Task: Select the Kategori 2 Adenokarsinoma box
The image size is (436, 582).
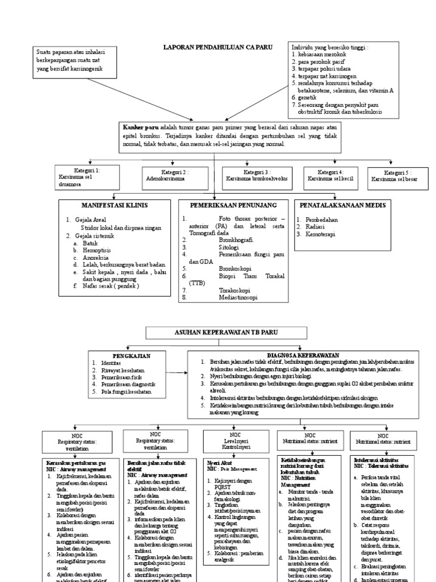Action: click(173, 176)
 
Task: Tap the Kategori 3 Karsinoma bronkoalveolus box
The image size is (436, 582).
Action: click(257, 175)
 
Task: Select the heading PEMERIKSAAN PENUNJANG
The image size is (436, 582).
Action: click(234, 204)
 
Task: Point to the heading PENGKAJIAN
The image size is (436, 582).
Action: click(131, 355)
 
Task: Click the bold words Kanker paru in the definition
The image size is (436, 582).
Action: click(139, 128)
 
